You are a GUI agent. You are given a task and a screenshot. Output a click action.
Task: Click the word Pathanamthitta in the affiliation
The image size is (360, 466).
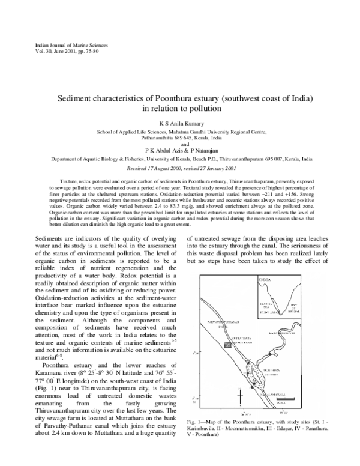pyautogui.click(x=136, y=137)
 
